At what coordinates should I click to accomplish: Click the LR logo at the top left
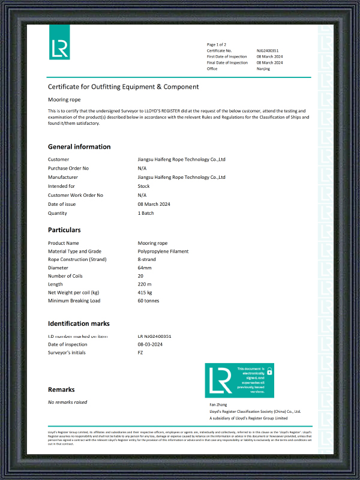tap(59, 42)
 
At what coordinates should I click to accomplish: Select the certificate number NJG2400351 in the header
tap(268, 50)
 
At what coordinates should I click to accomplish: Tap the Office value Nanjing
tap(263, 68)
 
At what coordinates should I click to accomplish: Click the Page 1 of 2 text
tap(217, 44)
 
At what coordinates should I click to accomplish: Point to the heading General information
tap(79, 146)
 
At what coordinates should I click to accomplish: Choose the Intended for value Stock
tap(144, 186)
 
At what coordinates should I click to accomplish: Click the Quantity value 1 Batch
tap(146, 213)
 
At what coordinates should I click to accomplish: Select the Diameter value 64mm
tap(145, 268)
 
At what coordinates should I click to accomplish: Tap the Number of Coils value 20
tap(141, 276)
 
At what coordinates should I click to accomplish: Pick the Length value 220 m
tap(145, 284)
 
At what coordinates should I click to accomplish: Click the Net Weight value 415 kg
tap(145, 292)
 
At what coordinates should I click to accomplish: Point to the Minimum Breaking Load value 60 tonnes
tap(149, 301)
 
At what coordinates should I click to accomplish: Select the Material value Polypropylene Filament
tap(163, 251)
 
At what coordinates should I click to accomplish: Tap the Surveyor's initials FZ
tap(140, 353)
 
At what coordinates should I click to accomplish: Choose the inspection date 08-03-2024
tap(150, 344)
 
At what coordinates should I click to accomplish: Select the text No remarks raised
tap(68, 402)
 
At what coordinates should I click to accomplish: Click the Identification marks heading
tap(79, 323)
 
